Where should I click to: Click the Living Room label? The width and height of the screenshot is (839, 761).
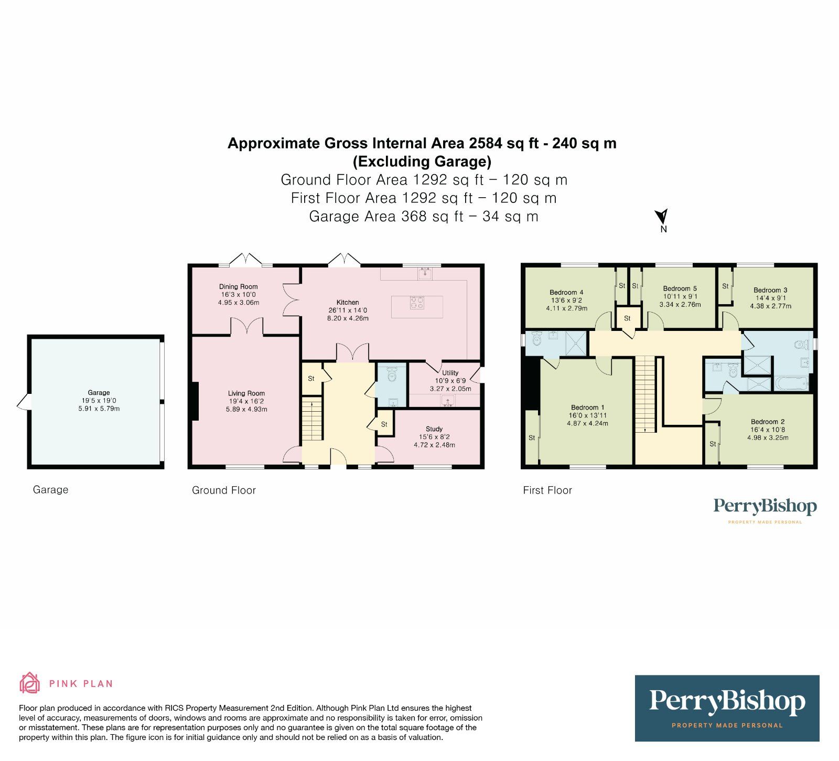point(246,393)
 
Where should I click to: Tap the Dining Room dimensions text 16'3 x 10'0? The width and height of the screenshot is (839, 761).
point(239,295)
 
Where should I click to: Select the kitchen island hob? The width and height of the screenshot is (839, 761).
point(417,303)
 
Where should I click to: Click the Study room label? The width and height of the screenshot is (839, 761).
point(434,429)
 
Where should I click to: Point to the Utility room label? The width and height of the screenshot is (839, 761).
point(450,373)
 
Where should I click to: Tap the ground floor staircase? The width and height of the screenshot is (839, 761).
point(312,420)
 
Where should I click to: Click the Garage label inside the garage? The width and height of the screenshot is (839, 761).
point(99,392)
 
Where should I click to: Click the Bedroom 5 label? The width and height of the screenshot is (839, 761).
point(680,288)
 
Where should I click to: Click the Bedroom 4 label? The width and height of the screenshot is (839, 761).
point(566,293)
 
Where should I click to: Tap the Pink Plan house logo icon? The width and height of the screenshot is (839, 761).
point(30,683)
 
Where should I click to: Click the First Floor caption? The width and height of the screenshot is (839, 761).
point(547,490)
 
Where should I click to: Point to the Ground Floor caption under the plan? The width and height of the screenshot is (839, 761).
point(224,490)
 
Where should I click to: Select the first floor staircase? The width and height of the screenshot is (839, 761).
point(646,393)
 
